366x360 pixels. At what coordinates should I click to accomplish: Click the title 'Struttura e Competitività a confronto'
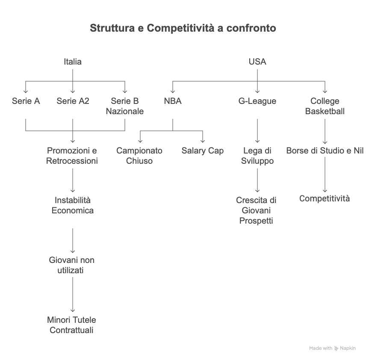tap(183, 29)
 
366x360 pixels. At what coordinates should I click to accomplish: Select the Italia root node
tap(73, 62)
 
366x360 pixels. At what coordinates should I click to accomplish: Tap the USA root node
tap(257, 62)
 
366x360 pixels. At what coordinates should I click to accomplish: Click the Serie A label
tap(26, 101)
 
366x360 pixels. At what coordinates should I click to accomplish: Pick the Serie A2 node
tap(73, 101)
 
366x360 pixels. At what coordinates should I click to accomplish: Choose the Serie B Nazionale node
tap(125, 106)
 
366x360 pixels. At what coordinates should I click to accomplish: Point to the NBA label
tap(173, 101)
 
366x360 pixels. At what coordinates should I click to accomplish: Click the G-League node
tap(257, 101)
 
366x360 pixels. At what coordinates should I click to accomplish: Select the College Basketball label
tap(325, 106)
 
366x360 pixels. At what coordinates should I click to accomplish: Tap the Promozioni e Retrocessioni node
tap(72, 156)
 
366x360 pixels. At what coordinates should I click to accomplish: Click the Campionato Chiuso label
tap(139, 156)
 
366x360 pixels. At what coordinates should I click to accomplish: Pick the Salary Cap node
tap(203, 151)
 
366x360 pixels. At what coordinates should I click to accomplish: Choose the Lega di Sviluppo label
tap(257, 156)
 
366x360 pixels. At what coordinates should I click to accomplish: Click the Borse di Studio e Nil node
tap(325, 151)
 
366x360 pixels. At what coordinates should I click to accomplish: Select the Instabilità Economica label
tap(73, 206)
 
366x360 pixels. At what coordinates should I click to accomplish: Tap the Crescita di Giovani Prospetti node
tap(257, 210)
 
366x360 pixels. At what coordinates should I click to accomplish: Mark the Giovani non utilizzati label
tap(72, 266)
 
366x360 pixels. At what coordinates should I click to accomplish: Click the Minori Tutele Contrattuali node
tap(72, 325)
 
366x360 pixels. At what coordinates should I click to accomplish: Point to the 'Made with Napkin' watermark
tap(332, 348)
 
